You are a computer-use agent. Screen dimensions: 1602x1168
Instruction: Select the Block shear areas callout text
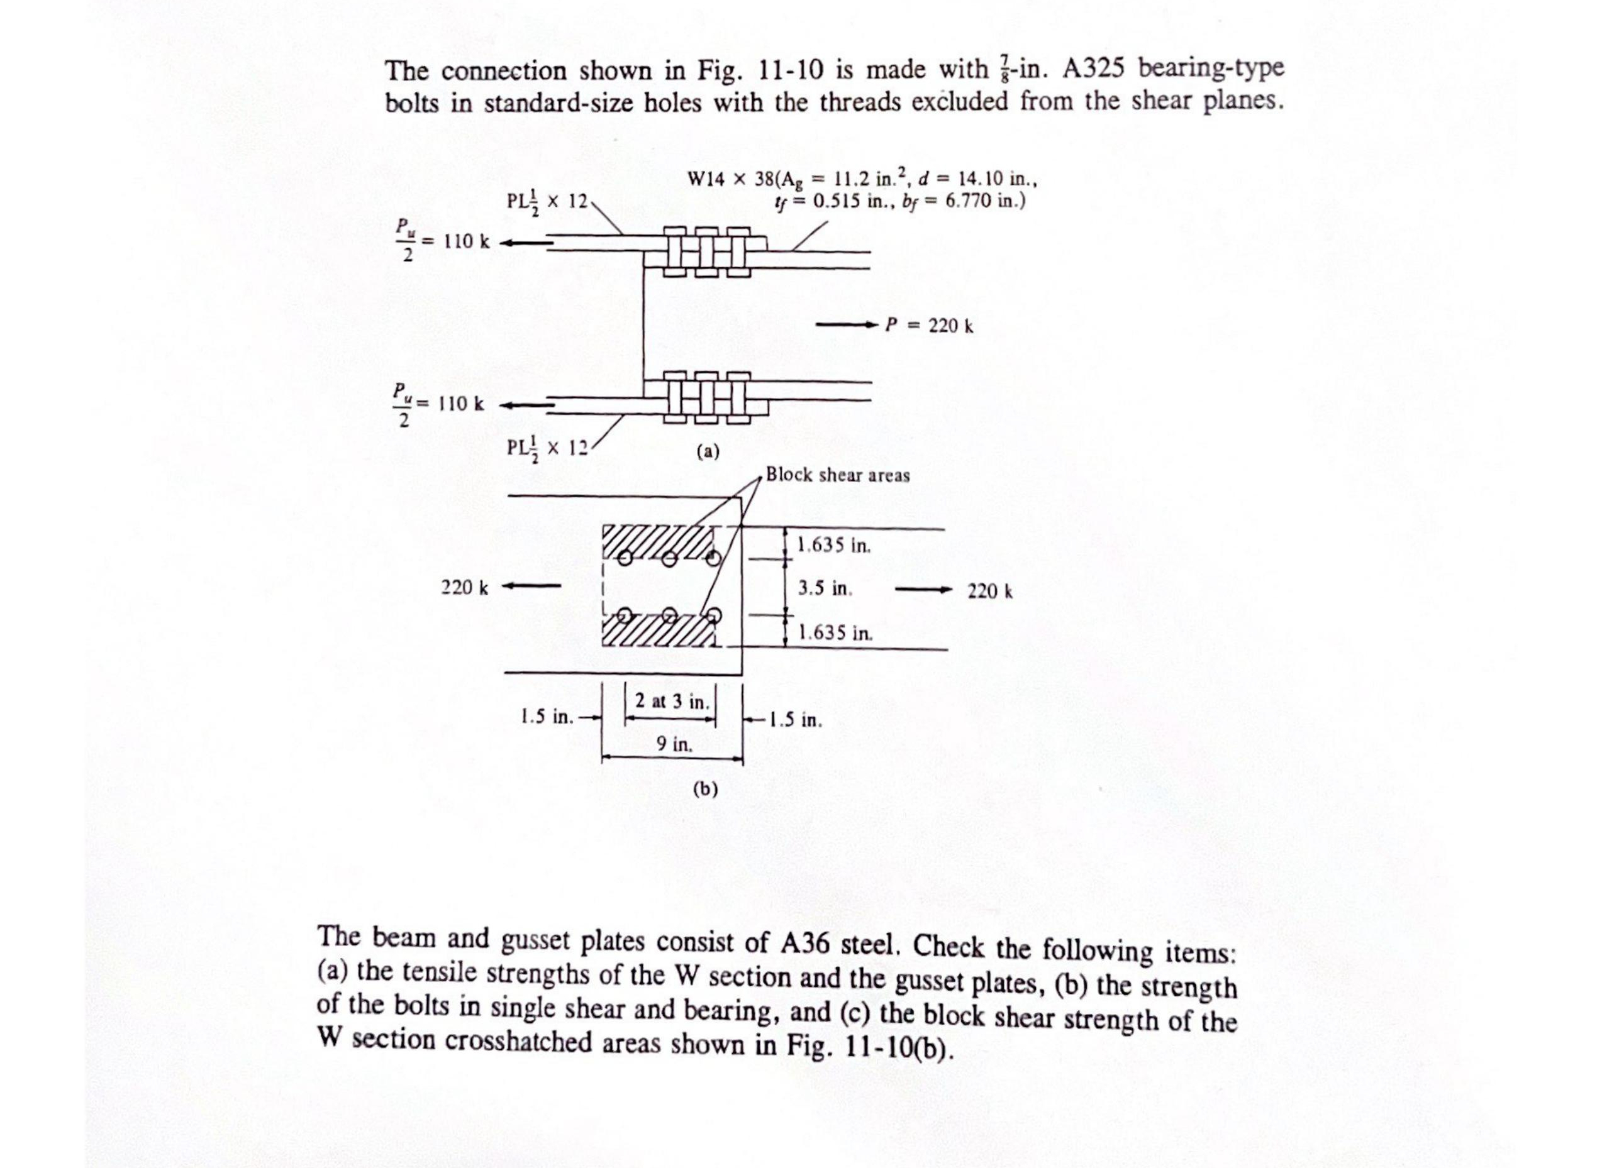pyautogui.click(x=838, y=475)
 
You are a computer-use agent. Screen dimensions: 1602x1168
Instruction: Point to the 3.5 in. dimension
pyautogui.click(x=825, y=588)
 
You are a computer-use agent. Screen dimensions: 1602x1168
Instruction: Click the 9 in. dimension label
pyautogui.click(x=674, y=744)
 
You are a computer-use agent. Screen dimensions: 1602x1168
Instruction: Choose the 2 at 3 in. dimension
pyautogui.click(x=671, y=702)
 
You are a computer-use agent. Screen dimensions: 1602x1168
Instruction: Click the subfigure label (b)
pyautogui.click(x=704, y=788)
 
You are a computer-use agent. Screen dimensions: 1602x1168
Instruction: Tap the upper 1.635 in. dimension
pyautogui.click(x=834, y=545)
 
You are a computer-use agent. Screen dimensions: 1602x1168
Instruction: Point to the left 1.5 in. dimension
pyautogui.click(x=547, y=717)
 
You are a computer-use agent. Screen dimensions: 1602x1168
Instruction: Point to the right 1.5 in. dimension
pyautogui.click(x=796, y=720)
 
